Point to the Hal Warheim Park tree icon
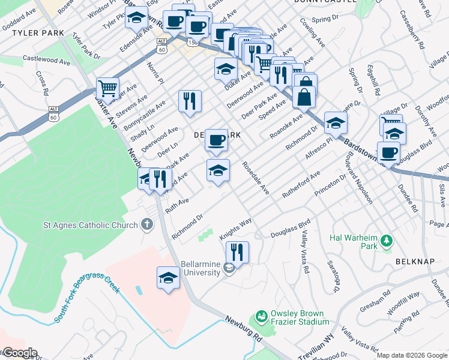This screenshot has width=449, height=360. coord(387,241)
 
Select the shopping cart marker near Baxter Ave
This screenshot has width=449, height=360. coord(107,88)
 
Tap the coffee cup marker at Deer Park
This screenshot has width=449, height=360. coord(216,140)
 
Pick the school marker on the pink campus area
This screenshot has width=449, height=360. coord(168,278)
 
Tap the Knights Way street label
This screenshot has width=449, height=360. coord(235,230)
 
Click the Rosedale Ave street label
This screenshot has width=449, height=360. coord(256,178)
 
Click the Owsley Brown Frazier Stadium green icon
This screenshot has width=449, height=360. coord(261,316)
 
